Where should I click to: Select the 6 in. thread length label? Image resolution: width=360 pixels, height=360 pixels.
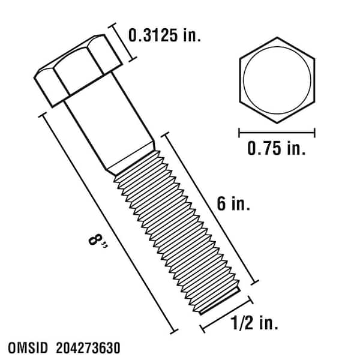[230, 205]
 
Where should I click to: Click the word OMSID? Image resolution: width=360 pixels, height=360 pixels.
[32, 347]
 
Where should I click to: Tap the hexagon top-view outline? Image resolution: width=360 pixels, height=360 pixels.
[242, 78]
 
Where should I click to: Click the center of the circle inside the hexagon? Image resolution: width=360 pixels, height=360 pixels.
[277, 77]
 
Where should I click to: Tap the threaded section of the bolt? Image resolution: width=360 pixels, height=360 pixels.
[178, 228]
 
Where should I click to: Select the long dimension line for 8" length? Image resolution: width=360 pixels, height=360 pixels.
[108, 222]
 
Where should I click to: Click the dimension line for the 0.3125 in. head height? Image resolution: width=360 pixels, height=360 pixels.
[122, 42]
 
